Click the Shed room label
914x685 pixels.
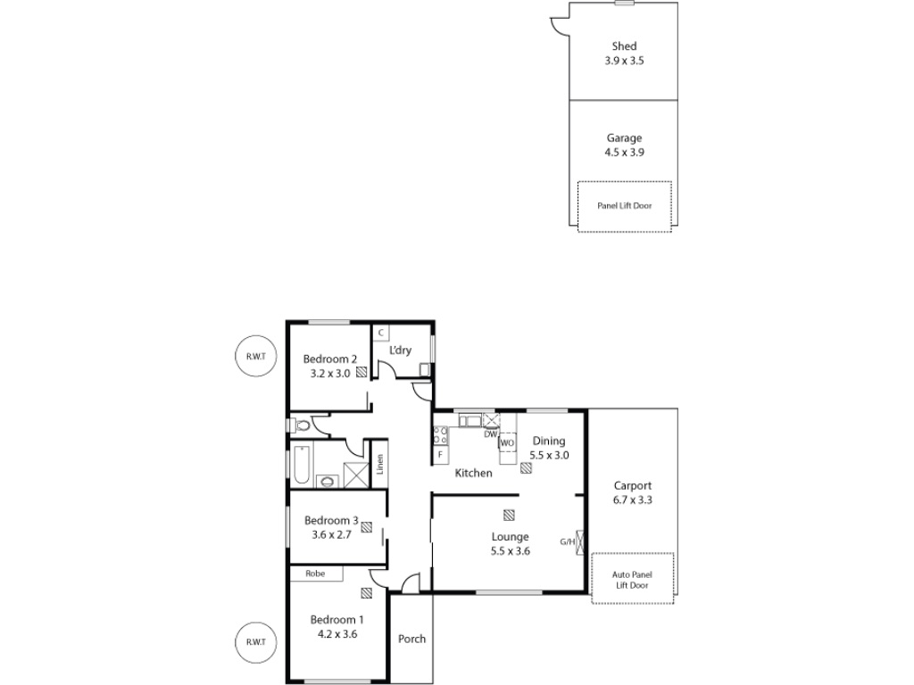click(x=624, y=46)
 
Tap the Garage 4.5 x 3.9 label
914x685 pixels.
click(x=624, y=145)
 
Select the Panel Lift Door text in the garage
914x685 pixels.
click(x=624, y=206)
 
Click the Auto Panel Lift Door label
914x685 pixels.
click(x=632, y=580)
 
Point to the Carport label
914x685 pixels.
click(x=633, y=485)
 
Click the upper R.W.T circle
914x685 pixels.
click(x=255, y=356)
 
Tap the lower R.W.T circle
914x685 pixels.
click(x=255, y=642)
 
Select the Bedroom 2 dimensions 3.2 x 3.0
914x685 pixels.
click(x=330, y=374)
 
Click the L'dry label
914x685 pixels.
click(x=400, y=350)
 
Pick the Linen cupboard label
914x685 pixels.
click(x=379, y=464)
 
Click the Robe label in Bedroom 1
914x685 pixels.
click(x=315, y=574)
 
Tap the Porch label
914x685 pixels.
click(x=411, y=639)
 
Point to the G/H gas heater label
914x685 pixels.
click(x=567, y=541)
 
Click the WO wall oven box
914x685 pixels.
click(x=507, y=442)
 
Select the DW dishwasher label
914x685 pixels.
click(x=491, y=434)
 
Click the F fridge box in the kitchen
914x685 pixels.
click(x=441, y=454)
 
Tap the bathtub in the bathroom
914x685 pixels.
click(x=302, y=464)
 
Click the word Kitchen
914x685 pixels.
click(x=473, y=473)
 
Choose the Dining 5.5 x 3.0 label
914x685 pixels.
click(x=549, y=448)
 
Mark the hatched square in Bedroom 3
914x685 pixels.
click(x=366, y=526)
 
